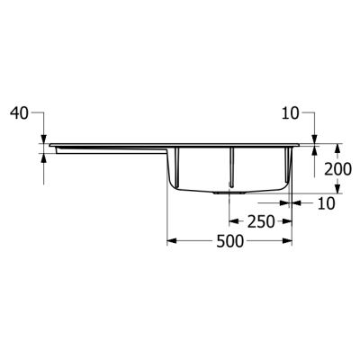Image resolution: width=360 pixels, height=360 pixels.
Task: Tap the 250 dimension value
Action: [x=260, y=220]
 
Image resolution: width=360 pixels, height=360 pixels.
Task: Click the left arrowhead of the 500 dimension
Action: [x=173, y=240]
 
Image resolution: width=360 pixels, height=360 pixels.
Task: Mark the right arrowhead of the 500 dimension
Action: [x=288, y=240]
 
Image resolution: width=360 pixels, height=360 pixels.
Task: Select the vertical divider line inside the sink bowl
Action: [x=232, y=166]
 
